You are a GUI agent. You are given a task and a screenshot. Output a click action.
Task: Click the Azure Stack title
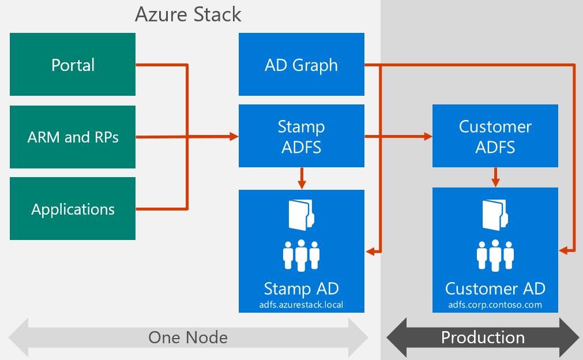pyautogui.click(x=188, y=14)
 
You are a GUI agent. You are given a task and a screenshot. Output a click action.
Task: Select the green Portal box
pyautogui.click(x=73, y=65)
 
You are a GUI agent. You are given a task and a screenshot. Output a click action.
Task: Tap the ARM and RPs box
pyautogui.click(x=73, y=137)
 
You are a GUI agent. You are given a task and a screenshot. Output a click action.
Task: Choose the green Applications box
pyautogui.click(x=73, y=209)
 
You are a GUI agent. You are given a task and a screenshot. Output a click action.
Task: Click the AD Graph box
pyautogui.click(x=301, y=65)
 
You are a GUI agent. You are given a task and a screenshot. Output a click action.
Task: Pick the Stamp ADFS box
pyautogui.click(x=301, y=137)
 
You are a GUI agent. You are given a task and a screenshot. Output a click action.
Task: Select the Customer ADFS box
pyautogui.click(x=495, y=137)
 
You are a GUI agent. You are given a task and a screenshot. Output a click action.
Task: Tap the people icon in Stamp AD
pyautogui.click(x=301, y=254)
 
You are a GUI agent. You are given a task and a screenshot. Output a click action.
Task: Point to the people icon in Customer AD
pyautogui.click(x=495, y=254)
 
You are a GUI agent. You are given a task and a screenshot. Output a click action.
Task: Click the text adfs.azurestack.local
pyautogui.click(x=301, y=304)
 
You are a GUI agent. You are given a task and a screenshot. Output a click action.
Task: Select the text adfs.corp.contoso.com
pyautogui.click(x=495, y=305)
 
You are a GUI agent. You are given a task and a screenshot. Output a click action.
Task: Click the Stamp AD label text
pyautogui.click(x=301, y=288)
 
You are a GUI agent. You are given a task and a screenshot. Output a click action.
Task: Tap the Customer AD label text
pyautogui.click(x=495, y=288)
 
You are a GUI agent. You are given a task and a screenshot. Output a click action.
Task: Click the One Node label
pyautogui.click(x=188, y=337)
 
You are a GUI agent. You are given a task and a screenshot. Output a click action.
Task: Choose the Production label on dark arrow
pyautogui.click(x=483, y=337)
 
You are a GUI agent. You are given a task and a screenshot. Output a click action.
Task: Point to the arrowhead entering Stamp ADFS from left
pyautogui.click(x=234, y=137)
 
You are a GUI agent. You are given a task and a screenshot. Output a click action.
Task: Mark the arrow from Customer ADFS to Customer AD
pyautogui.click(x=495, y=177)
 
